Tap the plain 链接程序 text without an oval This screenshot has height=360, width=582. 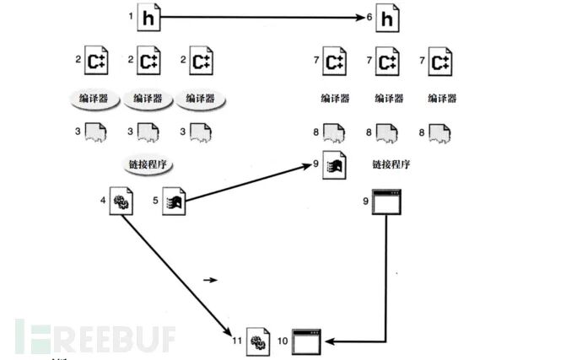[x=391, y=164]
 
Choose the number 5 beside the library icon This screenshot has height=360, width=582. [x=156, y=200]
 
